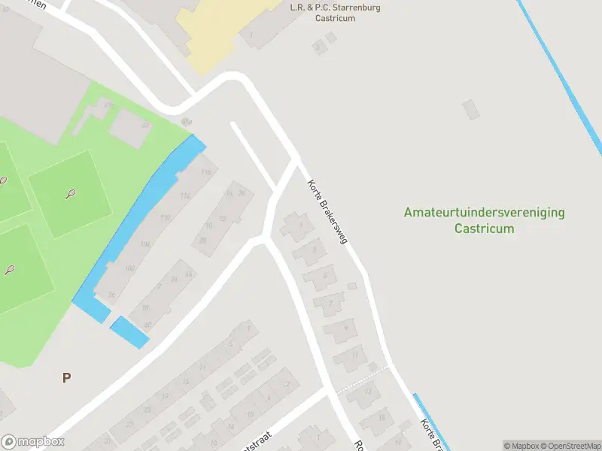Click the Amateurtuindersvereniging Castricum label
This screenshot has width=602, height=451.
coord(484,220)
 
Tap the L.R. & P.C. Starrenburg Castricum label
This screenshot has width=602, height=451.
coord(335,13)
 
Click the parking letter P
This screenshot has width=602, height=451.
coord(66,378)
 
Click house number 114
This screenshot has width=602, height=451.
coord(185,195)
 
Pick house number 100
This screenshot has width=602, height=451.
coord(129,268)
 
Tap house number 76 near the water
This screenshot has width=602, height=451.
coord(111,295)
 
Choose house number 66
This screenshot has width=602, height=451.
coord(188,274)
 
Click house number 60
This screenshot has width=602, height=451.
coord(147,325)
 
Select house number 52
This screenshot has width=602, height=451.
coord(221,219)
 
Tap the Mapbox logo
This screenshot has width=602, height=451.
coord(32,441)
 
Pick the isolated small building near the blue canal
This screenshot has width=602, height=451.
coord(471,110)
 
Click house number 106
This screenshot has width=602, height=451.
coord(145,244)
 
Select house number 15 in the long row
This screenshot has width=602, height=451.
coord(185,382)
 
